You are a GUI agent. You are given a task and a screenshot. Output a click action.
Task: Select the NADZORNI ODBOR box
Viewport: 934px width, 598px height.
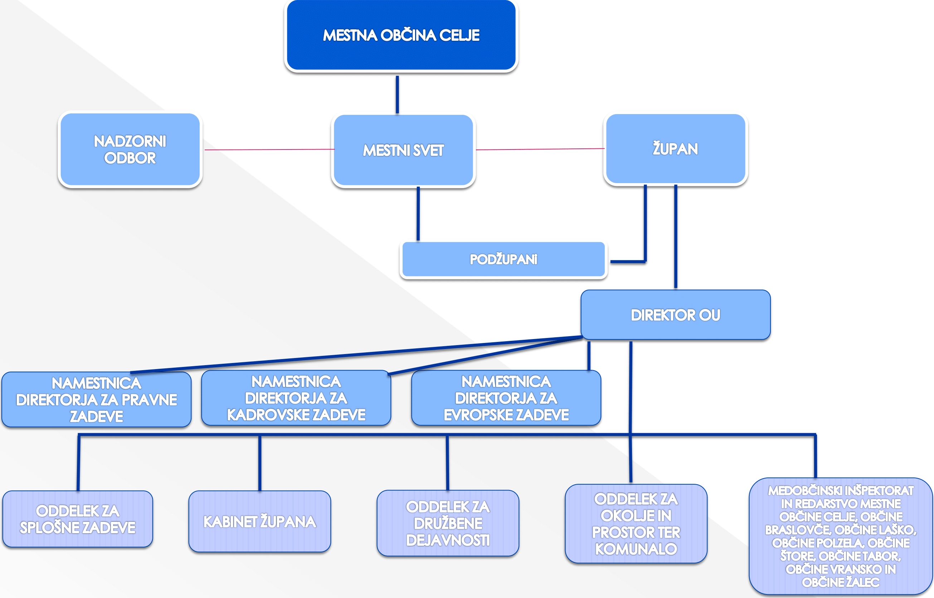[130, 149]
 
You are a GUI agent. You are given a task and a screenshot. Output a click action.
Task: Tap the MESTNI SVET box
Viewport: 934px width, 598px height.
[403, 150]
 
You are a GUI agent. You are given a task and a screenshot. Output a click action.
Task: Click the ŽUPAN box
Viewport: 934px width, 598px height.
[675, 149]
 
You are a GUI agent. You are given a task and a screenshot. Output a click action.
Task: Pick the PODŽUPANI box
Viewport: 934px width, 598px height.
[503, 259]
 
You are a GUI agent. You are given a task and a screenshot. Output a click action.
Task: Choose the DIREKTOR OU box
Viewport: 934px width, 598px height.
[675, 315]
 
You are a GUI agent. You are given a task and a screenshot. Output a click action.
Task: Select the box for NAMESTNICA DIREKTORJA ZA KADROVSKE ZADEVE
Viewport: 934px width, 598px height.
[296, 398]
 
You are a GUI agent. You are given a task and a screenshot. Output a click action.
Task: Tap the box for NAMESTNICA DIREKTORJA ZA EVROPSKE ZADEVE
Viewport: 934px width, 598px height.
[506, 398]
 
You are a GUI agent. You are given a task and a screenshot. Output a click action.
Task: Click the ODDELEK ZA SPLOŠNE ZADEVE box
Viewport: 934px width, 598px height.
[77, 519]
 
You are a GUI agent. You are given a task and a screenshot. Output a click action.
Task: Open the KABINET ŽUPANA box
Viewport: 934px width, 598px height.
[259, 521]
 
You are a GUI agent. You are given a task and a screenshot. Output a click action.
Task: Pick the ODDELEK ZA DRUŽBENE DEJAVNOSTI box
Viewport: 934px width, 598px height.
[448, 523]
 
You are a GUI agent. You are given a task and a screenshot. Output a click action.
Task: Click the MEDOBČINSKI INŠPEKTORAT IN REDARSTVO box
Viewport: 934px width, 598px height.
[840, 536]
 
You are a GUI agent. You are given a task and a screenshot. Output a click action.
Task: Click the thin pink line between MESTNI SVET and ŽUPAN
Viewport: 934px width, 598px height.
[540, 149]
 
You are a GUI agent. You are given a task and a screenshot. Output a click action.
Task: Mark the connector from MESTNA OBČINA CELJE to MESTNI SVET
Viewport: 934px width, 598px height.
[397, 94]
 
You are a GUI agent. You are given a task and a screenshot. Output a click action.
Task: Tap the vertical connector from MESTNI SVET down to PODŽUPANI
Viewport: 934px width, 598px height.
[418, 214]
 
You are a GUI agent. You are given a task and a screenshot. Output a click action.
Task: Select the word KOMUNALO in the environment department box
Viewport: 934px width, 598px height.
[636, 549]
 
